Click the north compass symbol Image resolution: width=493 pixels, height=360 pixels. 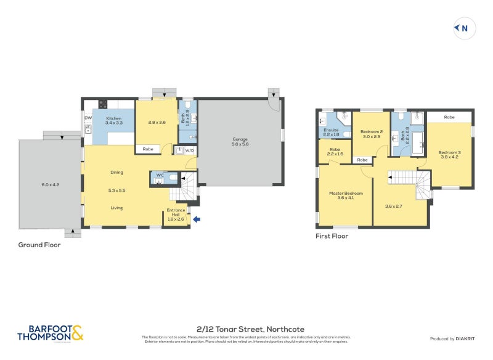tap(462, 28)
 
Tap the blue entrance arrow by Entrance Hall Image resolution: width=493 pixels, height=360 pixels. tap(197, 218)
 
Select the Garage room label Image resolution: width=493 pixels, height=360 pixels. tap(240, 141)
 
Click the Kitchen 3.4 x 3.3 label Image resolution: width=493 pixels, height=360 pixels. tap(115, 121)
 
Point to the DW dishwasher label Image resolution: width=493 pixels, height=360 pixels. tap(88, 118)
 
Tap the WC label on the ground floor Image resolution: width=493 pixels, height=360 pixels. tap(160, 175)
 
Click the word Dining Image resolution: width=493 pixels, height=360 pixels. tap(116, 172)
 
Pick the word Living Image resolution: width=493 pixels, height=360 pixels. tap(116, 208)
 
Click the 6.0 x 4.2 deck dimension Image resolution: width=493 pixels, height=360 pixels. tap(51, 184)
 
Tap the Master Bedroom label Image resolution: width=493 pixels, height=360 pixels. tap(346, 195)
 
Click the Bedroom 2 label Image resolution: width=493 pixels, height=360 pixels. tap(371, 134)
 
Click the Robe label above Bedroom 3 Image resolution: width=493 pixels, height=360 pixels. tap(449, 117)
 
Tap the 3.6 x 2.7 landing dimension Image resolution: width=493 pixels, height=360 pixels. tap(394, 206)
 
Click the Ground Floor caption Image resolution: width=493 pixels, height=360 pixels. tap(39, 245)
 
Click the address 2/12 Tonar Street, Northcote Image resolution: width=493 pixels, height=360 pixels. tap(250, 329)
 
